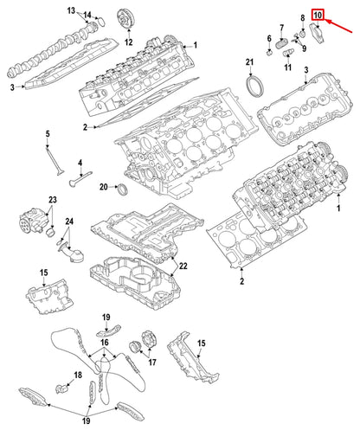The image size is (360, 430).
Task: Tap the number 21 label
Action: [249, 62]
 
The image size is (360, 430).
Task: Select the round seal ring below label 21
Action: [259, 89]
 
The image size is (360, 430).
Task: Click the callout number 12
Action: [128, 41]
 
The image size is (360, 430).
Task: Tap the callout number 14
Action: [87, 16]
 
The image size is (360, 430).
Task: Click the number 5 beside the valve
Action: [49, 133]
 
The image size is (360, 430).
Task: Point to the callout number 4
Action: [79, 163]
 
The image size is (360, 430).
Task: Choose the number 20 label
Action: [103, 187]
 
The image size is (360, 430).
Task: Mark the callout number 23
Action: [52, 201]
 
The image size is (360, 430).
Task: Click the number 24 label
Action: [70, 222]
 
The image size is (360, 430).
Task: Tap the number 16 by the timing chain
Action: [105, 343]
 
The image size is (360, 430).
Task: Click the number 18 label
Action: [77, 375]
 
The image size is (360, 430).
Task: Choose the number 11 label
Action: [287, 66]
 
